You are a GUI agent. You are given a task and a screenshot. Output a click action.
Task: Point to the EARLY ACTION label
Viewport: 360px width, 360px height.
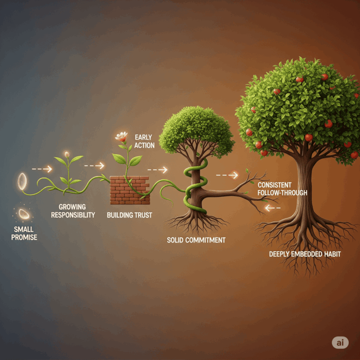pyautogui.click(x=143, y=141)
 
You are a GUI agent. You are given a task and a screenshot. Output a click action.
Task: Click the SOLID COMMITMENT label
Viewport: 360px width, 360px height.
pyautogui.click(x=196, y=240)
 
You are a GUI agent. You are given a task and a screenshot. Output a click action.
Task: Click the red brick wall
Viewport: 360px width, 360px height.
pyautogui.click(x=130, y=190)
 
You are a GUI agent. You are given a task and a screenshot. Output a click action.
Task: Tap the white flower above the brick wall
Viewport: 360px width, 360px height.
pyautogui.click(x=121, y=137)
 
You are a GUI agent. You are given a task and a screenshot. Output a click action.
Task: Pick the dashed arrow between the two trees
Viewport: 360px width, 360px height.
pyautogui.click(x=227, y=175)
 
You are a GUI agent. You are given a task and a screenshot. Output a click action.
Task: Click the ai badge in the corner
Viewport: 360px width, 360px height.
pyautogui.click(x=340, y=343)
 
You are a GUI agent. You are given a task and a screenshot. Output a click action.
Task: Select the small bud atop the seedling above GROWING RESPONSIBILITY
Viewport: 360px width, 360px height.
pyautogui.click(x=67, y=154)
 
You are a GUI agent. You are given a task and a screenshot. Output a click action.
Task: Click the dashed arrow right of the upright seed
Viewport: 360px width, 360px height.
pyautogui.click(x=42, y=168)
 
